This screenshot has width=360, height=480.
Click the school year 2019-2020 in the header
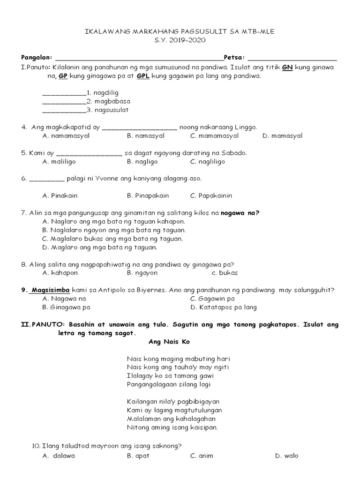180,40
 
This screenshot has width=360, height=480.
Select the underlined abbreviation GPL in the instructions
143,75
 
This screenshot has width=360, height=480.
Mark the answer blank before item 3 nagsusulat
64,111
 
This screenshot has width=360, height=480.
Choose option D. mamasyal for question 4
283,136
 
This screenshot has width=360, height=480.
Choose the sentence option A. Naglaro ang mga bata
113,221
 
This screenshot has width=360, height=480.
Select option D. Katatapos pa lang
224,307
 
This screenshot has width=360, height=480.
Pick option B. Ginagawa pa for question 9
66,307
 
